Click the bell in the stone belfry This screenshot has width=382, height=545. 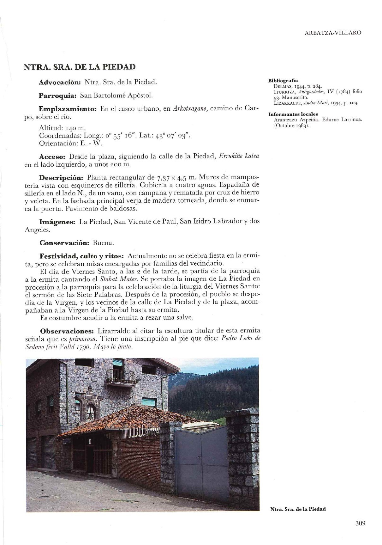tap(91, 413)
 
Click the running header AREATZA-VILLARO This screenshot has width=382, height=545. tap(333, 33)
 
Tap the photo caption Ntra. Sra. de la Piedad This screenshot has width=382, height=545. tap(298, 509)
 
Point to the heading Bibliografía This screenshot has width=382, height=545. tap(283, 80)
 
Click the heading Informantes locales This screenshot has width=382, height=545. tap(293, 114)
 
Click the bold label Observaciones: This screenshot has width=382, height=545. tap(67, 331)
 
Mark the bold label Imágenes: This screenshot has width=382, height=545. tap(57, 222)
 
